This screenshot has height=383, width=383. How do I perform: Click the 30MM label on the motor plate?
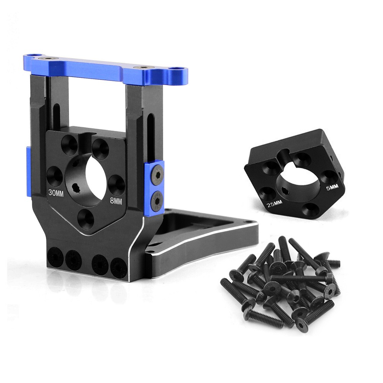[56, 192]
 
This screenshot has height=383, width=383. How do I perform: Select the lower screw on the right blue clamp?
[156, 200]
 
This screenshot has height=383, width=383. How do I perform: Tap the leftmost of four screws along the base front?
[56, 257]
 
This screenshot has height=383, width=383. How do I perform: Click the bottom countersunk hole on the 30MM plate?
[86, 219]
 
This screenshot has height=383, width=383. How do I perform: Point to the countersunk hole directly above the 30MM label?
[55, 177]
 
